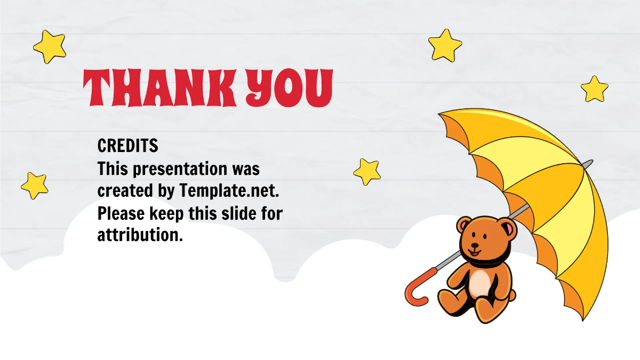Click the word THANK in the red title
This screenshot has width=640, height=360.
[x=160, y=87]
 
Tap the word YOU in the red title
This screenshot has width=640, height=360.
[x=290, y=87]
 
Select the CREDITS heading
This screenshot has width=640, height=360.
[x=127, y=146]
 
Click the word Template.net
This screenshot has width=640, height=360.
[x=229, y=190]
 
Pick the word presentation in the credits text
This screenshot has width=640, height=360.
[x=180, y=169]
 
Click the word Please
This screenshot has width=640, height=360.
[x=121, y=213]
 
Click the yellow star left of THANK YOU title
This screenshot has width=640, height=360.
[x=50, y=46]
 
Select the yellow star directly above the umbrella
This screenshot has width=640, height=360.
[x=445, y=45]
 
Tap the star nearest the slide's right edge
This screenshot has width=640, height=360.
[x=594, y=89]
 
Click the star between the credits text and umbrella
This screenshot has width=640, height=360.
[x=367, y=172]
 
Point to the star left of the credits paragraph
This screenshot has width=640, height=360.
[x=35, y=186]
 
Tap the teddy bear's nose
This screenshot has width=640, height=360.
[x=475, y=245]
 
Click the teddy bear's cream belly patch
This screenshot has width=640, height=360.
[x=481, y=283]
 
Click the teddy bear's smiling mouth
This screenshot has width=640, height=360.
[x=474, y=253]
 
